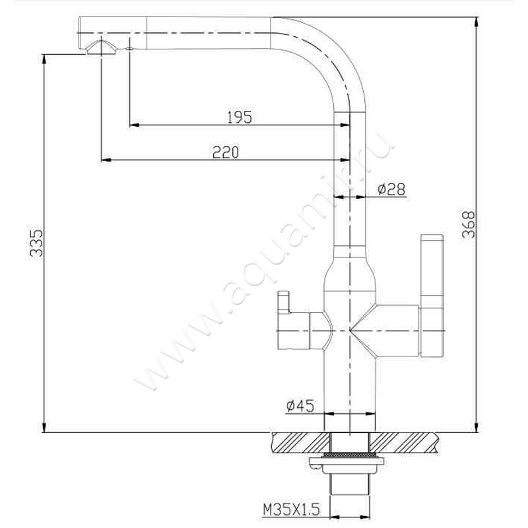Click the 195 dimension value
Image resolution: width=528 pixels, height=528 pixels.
click(x=239, y=117)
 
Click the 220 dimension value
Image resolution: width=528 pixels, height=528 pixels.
click(x=225, y=152)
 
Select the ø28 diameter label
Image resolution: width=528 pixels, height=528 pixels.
click(x=391, y=190)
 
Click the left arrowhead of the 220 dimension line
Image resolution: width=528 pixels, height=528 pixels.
click(x=104, y=159)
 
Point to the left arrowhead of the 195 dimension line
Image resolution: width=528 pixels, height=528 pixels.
click(x=133, y=124)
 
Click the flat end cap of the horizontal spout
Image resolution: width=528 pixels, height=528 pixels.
click(x=79, y=30)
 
